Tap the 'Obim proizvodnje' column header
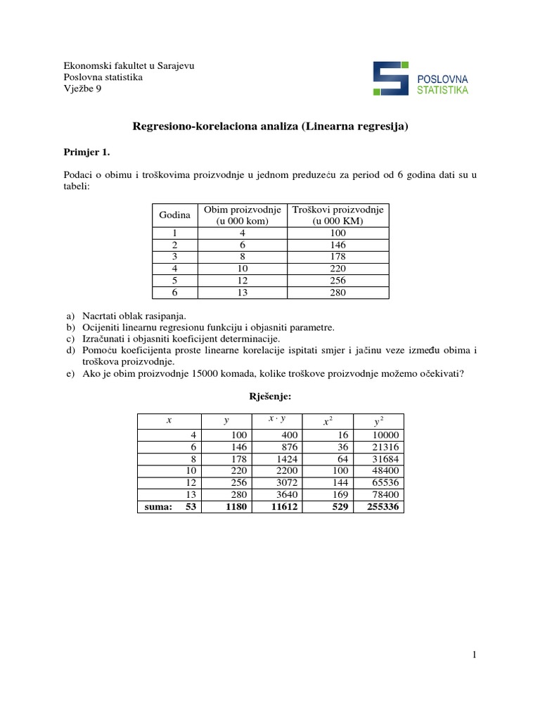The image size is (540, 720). click(243, 214)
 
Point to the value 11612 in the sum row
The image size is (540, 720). click(283, 505)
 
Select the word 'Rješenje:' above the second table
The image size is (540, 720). click(270, 397)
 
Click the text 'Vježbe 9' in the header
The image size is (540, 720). click(82, 88)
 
